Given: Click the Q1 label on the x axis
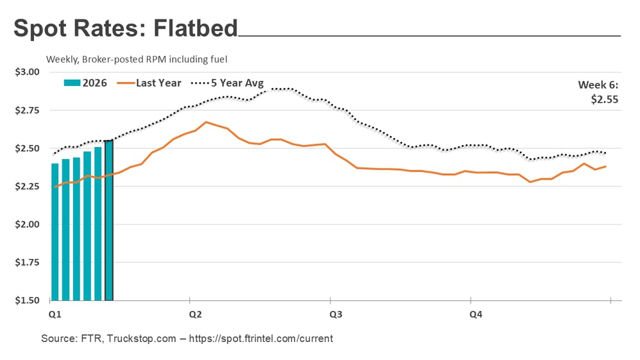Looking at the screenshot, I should click(55, 314).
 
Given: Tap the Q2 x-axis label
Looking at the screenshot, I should click(195, 314).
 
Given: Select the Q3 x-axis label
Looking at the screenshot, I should click(335, 314).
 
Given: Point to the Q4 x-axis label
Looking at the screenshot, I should click(476, 314).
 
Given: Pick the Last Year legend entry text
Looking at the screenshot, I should click(159, 83).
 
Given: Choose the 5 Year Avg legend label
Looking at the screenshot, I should click(237, 83).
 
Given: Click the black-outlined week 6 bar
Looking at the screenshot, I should click(108, 220).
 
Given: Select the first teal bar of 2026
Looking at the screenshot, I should click(55, 232).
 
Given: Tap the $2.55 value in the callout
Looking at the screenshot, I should click(603, 99).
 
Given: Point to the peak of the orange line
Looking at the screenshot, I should click(206, 122).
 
